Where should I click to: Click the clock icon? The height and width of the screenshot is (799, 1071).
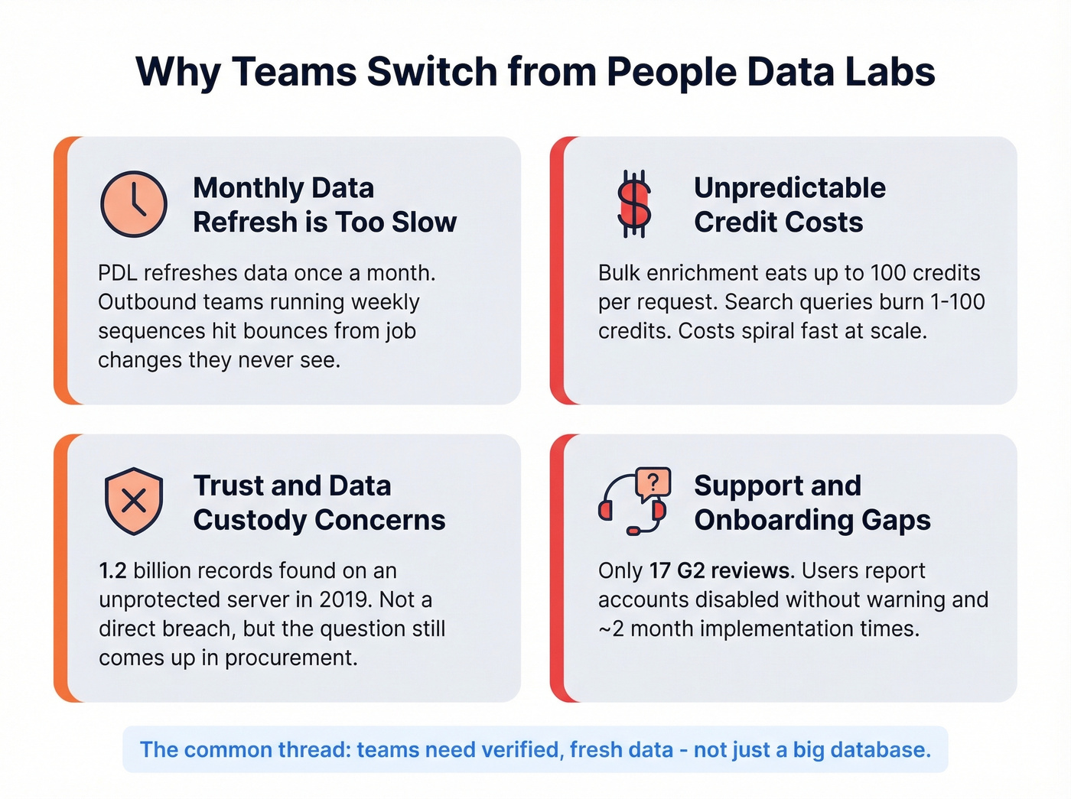(134, 204)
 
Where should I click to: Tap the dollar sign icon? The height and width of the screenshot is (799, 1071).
(634, 204)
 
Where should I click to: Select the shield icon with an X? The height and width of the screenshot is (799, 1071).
(134, 501)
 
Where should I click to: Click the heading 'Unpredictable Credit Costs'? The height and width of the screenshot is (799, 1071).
(789, 205)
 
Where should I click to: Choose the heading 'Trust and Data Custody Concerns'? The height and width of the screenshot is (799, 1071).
(319, 502)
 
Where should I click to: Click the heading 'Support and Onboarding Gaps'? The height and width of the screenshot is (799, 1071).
(812, 502)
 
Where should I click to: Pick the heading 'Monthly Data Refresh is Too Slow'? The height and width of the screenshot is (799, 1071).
(324, 205)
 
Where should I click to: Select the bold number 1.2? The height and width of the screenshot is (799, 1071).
(112, 570)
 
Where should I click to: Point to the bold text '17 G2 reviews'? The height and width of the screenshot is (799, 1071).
(720, 570)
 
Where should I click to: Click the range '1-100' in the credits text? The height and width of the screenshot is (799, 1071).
(957, 302)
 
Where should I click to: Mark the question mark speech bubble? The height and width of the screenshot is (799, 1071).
(653, 482)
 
